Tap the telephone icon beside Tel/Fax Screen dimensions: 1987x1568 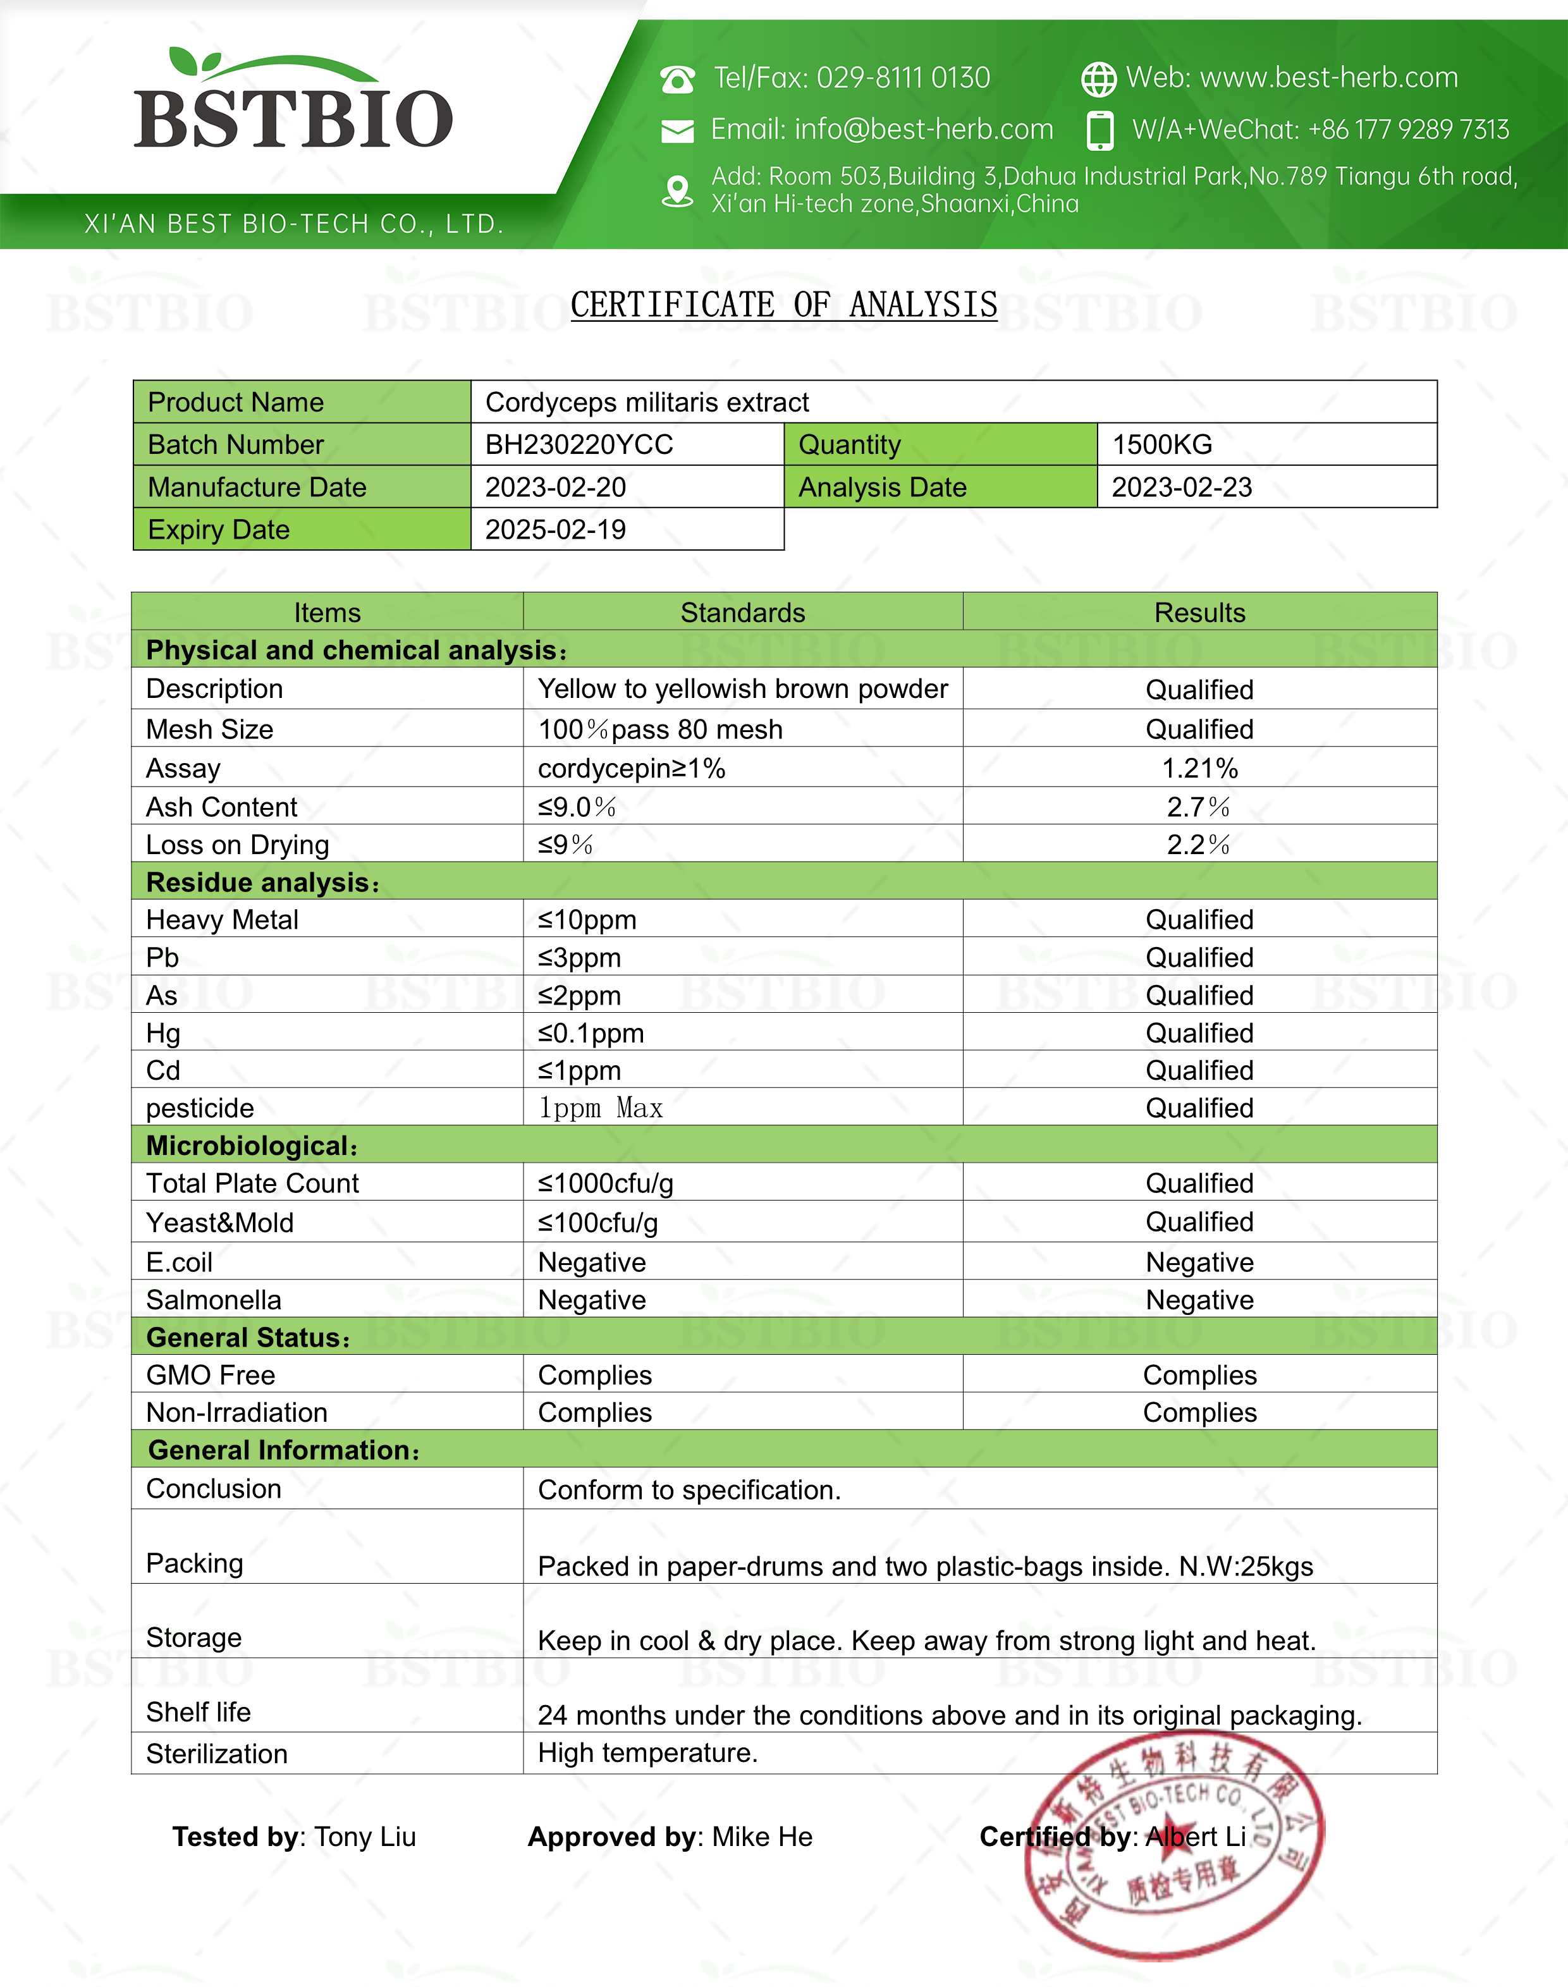point(678,80)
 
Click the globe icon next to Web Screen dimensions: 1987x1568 point(1098,80)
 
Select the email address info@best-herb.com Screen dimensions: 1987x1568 point(924,130)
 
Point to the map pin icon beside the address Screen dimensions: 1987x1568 point(678,191)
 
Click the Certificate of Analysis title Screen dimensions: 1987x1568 point(783,305)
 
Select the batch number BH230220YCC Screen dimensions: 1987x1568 point(579,445)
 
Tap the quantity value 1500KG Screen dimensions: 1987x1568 point(1162,445)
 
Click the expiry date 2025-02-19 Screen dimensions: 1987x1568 point(555,530)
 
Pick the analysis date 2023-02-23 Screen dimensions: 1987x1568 point(1182,487)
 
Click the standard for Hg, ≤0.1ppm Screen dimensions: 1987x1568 point(591,1034)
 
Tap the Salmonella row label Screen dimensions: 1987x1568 point(214,1300)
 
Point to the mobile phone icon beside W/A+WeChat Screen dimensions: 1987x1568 point(1099,130)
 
